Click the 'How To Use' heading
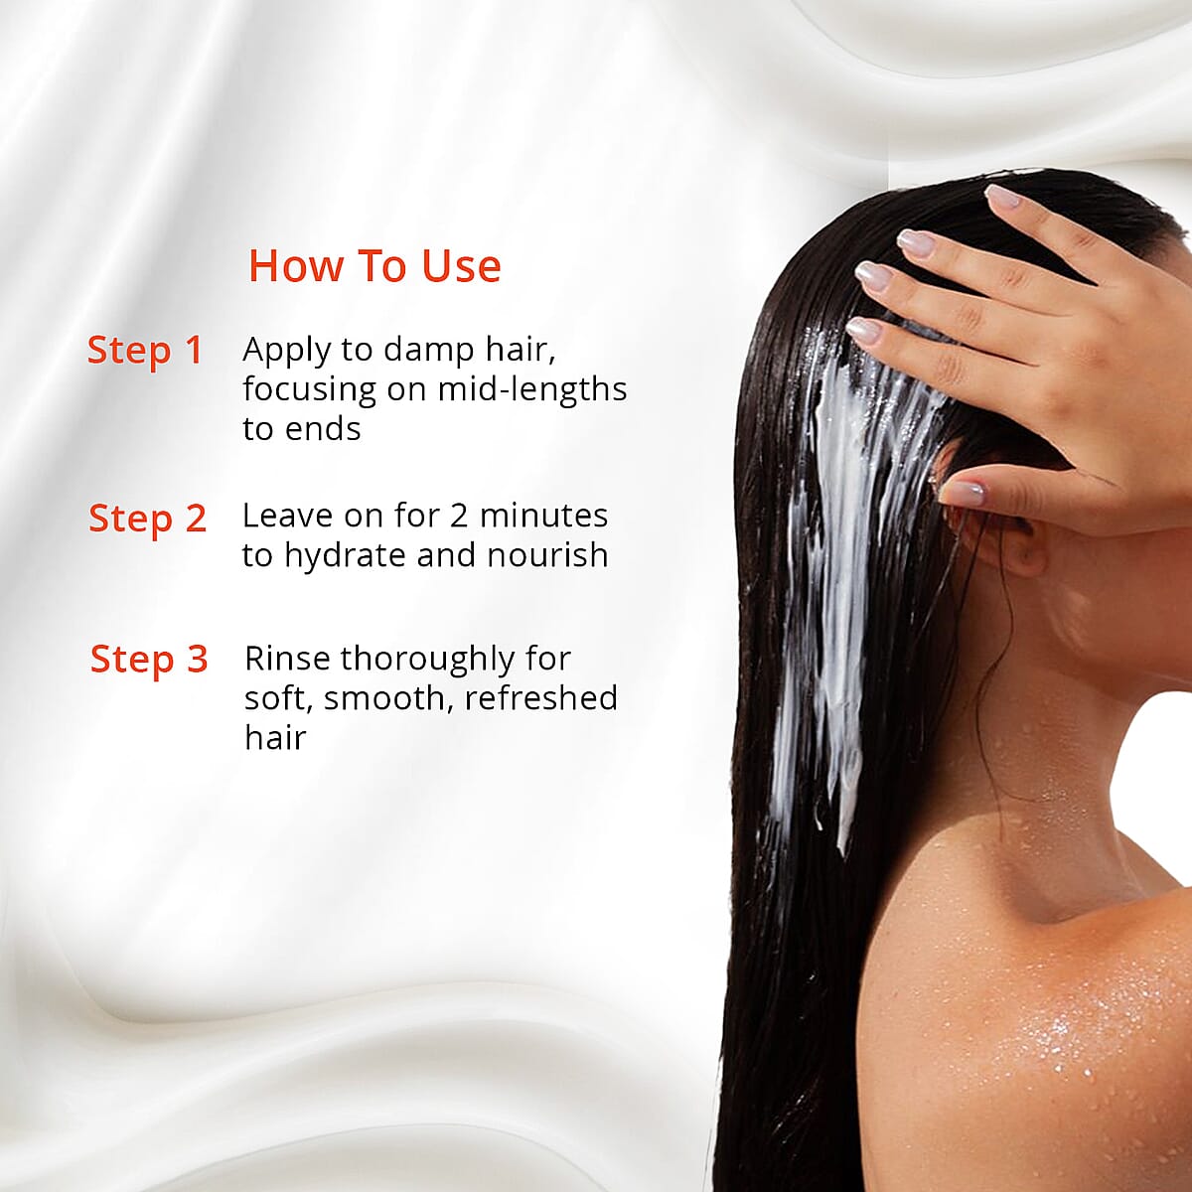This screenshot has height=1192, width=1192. [x=374, y=266]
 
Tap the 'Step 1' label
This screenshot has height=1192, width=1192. [x=145, y=350]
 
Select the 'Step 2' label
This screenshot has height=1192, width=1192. [x=147, y=519]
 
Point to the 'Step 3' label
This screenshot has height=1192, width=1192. [x=149, y=660]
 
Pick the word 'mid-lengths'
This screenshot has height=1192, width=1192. [x=532, y=389]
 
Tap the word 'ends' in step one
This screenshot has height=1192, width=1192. [x=322, y=428]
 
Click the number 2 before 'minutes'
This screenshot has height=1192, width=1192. [x=458, y=516]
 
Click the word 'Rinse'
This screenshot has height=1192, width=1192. [x=287, y=659]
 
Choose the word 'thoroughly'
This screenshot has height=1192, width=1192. [x=427, y=661]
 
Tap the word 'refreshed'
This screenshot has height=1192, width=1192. [x=541, y=697]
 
